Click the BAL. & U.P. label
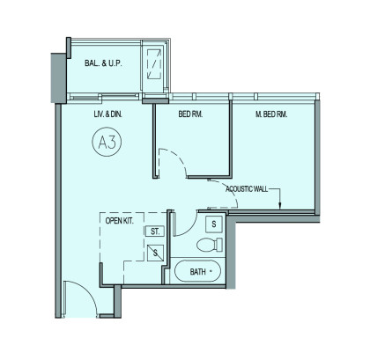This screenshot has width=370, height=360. click(103, 63)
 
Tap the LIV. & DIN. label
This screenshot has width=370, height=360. click(107, 114)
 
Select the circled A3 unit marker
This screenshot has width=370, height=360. click(107, 142)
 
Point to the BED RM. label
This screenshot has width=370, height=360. click(190, 114)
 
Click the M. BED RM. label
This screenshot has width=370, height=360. click(271, 114)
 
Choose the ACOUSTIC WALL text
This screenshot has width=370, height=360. click(247, 189)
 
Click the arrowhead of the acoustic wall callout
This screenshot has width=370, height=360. click(280, 206)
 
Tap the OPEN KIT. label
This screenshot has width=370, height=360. click(119, 221)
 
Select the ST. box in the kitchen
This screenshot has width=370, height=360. click(154, 231)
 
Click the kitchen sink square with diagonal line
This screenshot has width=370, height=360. click(155, 253)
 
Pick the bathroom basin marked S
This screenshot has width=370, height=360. click(214, 224)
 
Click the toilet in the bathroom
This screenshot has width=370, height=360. click(209, 245)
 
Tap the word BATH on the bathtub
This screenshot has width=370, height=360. click(197, 272)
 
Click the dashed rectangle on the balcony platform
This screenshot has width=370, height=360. click(154, 64)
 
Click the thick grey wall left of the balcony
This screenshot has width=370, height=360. click(59, 77)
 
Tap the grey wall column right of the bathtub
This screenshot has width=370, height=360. click(231, 252)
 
